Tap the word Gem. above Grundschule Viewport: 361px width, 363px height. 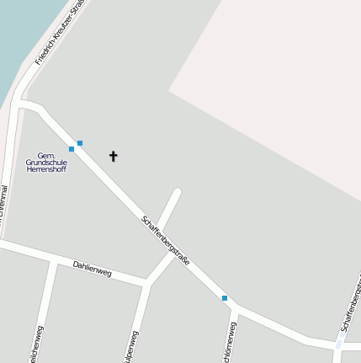click(46, 155)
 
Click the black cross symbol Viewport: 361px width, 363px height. click(114, 156)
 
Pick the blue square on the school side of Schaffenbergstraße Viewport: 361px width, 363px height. click(72, 149)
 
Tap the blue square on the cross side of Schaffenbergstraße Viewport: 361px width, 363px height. click(80, 143)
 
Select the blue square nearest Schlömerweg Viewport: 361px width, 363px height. click(225, 298)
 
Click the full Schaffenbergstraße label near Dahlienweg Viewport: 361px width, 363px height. click(166, 241)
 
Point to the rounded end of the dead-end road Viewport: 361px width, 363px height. click(177, 193)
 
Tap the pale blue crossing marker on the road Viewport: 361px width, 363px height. click(338, 344)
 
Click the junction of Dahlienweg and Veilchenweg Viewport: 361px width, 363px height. click(54, 261)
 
